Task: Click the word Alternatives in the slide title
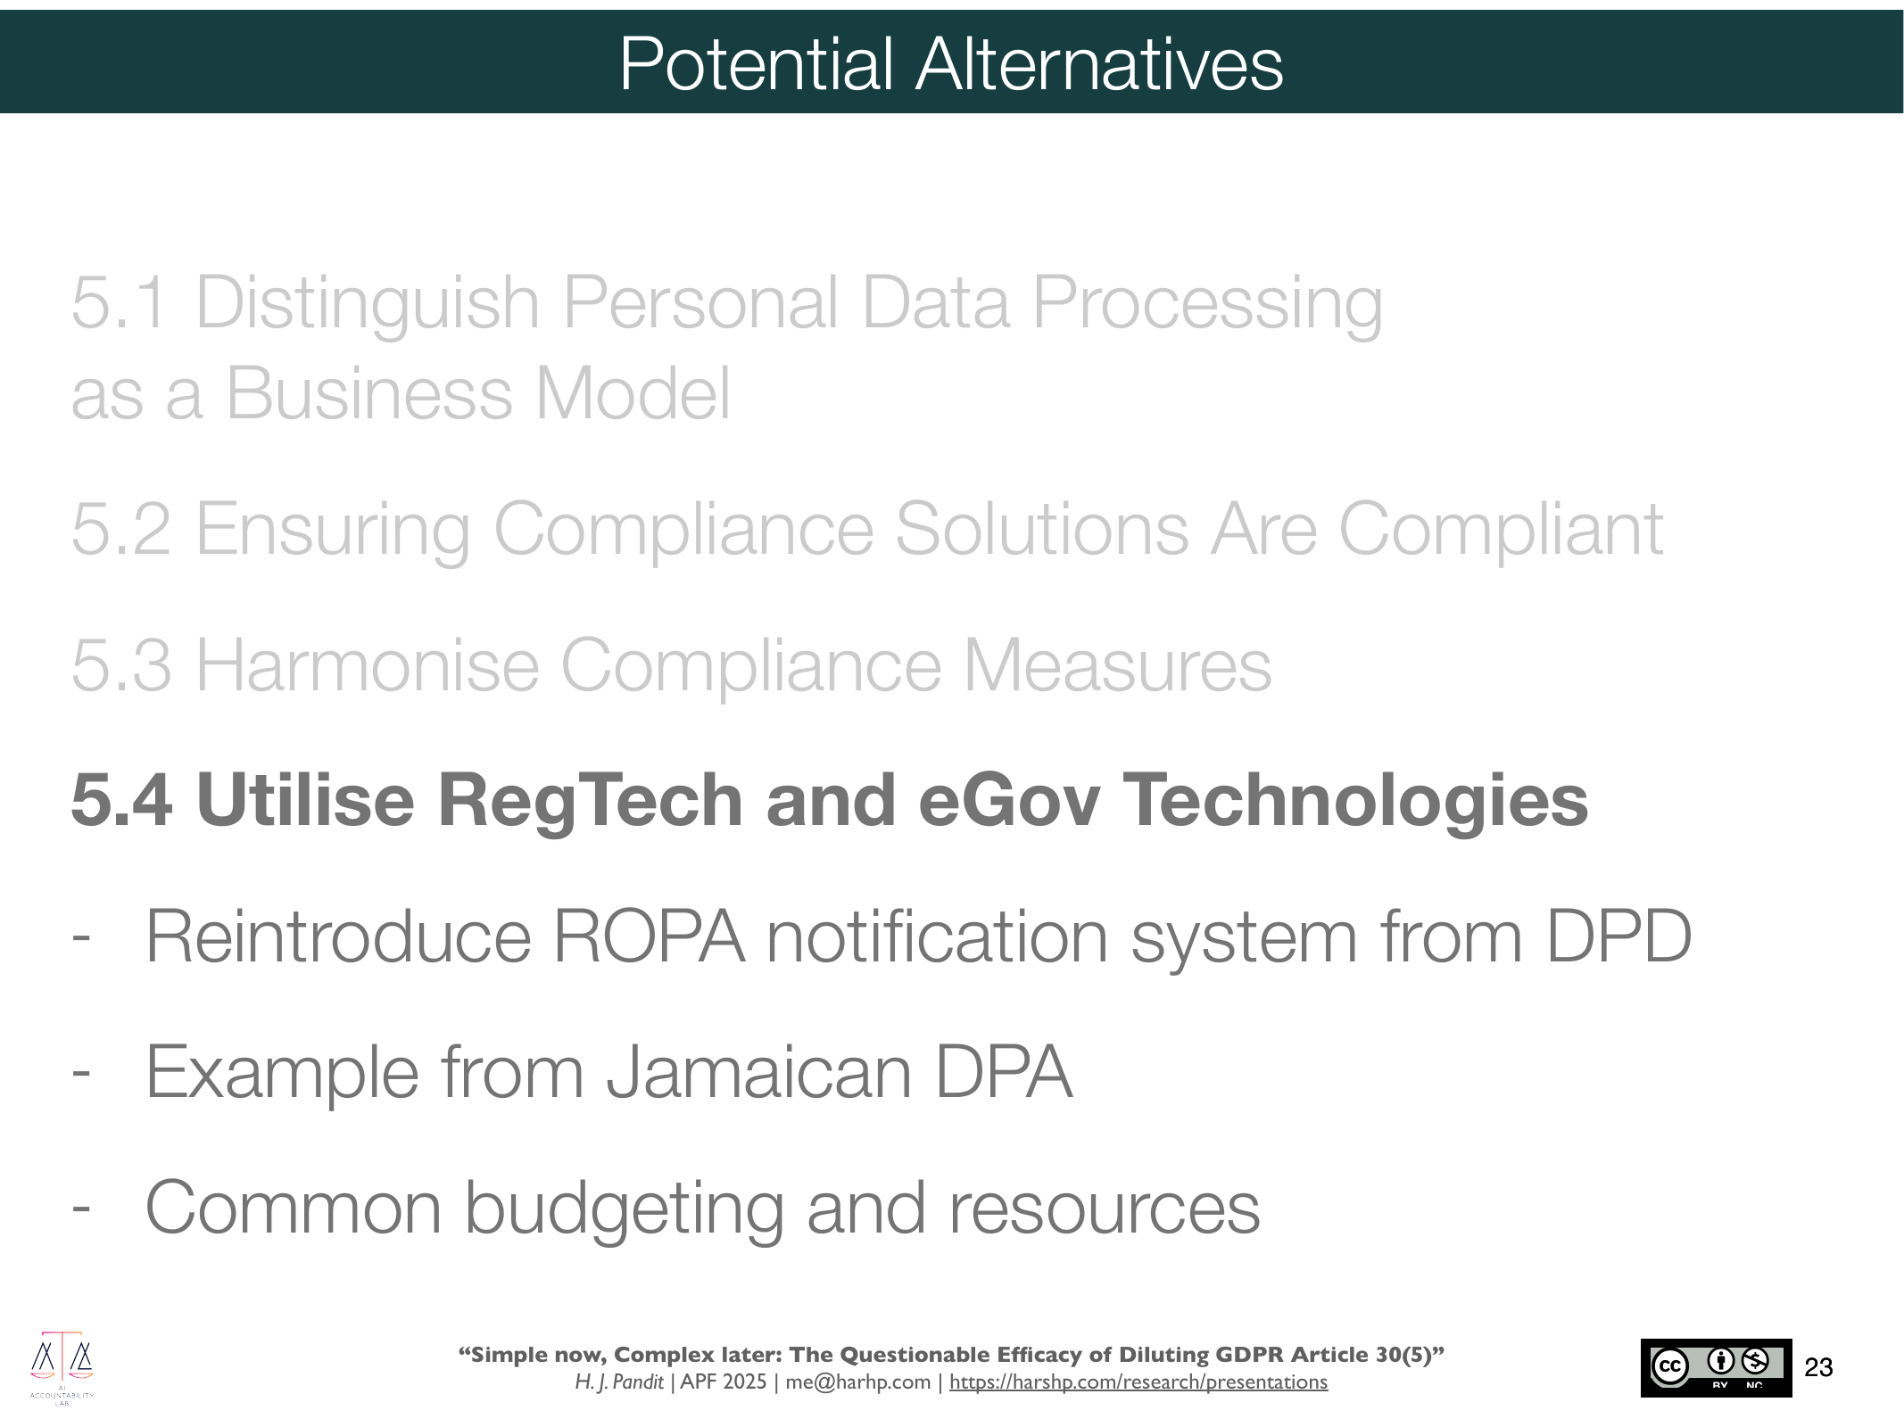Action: point(1099,64)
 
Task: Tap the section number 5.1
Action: point(120,303)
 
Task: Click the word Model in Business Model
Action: point(632,393)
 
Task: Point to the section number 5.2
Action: point(121,530)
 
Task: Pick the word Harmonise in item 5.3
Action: point(368,665)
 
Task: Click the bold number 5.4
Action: point(121,800)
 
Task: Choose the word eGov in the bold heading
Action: point(1009,800)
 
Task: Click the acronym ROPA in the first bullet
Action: point(649,936)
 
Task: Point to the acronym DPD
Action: point(1618,936)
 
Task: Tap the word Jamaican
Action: point(759,1072)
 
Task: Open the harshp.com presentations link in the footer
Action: point(1138,1382)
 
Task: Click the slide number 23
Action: point(1818,1367)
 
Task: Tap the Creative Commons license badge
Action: point(1716,1367)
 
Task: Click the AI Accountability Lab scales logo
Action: point(62,1368)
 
